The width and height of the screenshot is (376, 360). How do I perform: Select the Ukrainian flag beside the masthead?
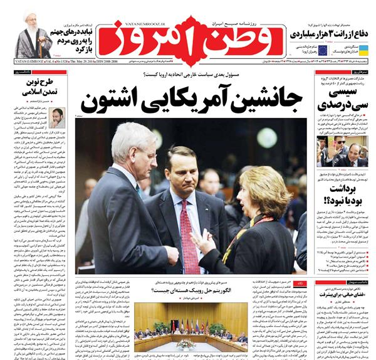click(363, 50)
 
